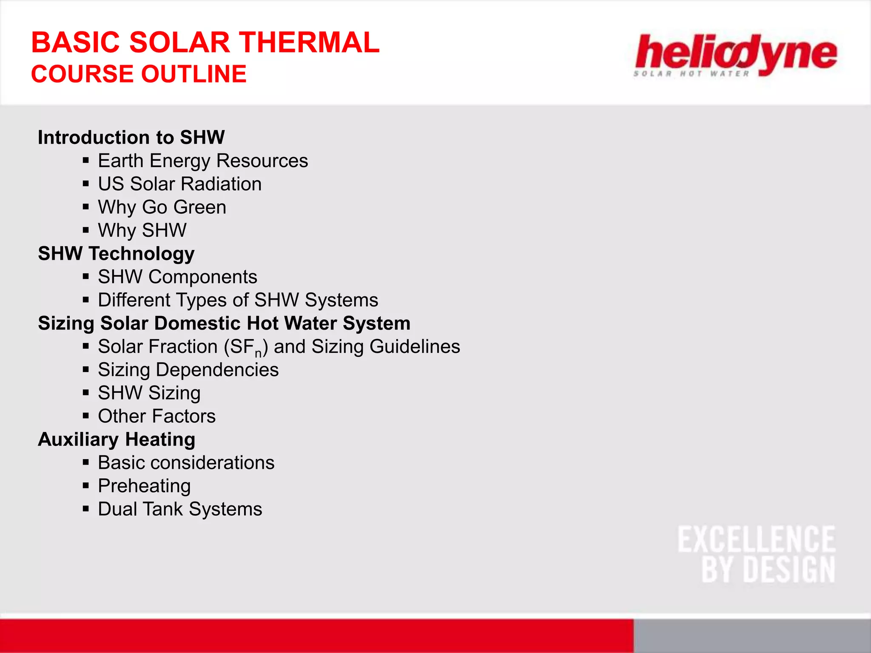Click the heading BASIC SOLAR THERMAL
coord(205,43)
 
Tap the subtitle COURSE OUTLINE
coord(139,74)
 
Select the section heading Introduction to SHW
coord(131,137)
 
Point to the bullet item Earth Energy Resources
coord(203,161)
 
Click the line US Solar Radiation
coord(179,184)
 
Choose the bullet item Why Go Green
coord(162,207)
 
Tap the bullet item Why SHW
coord(142,230)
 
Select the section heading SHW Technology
coord(116,254)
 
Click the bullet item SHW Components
coord(177,277)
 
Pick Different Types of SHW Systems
coord(238,300)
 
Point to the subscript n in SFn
coord(258,353)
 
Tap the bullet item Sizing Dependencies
coord(188,370)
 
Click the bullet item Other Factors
coord(157,416)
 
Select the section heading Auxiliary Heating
coord(117,440)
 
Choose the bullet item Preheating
coord(144,486)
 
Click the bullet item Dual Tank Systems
coord(180,509)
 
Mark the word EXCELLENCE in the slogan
coord(756,539)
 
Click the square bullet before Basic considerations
coord(86,462)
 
